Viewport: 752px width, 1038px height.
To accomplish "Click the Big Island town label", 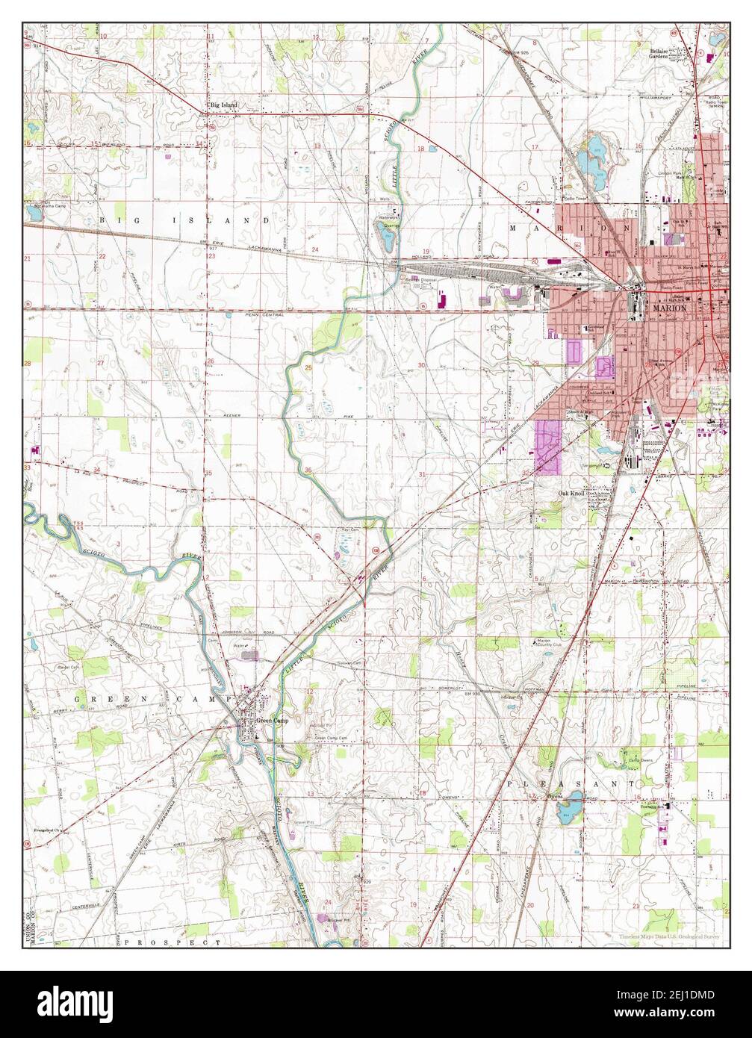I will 223,105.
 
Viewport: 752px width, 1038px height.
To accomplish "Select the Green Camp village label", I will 272,721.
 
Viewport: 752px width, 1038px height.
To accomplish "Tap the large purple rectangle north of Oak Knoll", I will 547,447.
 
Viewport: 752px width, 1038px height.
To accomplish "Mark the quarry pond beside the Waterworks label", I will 385,238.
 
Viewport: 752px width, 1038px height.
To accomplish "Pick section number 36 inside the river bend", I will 308,469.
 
